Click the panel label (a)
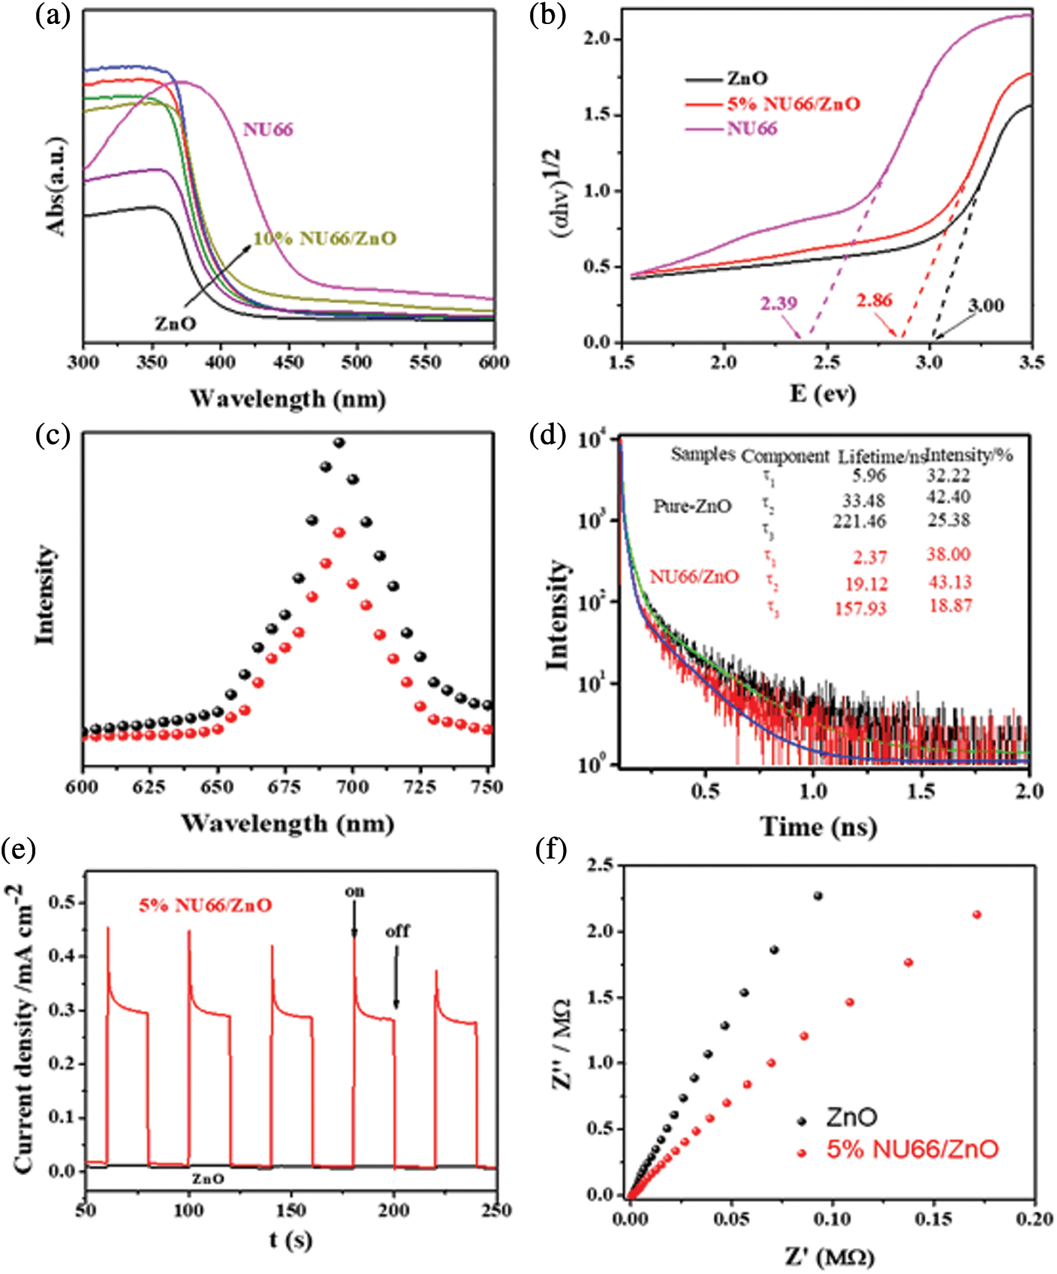[53, 15]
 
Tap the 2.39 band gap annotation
[778, 303]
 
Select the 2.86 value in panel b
[875, 300]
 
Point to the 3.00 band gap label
[986, 306]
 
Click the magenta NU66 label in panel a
[268, 129]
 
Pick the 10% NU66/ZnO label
[324, 239]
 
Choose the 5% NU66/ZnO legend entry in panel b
[793, 104]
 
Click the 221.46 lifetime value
[859, 521]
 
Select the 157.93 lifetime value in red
[860, 608]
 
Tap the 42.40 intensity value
[948, 497]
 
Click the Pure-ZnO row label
[692, 506]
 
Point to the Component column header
[784, 456]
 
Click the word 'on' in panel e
[355, 891]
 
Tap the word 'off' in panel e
[397, 931]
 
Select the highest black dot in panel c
[339, 443]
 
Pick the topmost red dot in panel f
[977, 914]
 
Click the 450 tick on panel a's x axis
[288, 363]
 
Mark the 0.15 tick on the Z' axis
[934, 1218]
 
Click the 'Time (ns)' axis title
[818, 827]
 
